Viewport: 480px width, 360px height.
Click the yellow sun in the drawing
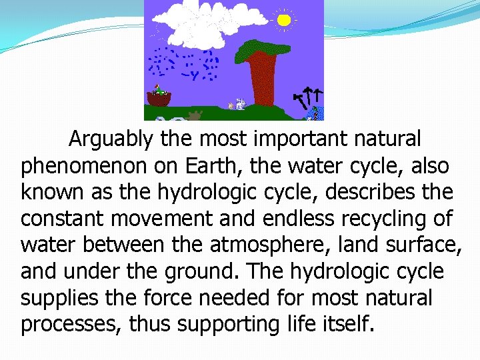[x=284, y=20]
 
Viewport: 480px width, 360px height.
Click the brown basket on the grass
[x=159, y=99]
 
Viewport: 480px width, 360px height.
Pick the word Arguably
[x=111, y=139]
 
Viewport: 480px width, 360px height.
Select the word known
[x=51, y=192]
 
